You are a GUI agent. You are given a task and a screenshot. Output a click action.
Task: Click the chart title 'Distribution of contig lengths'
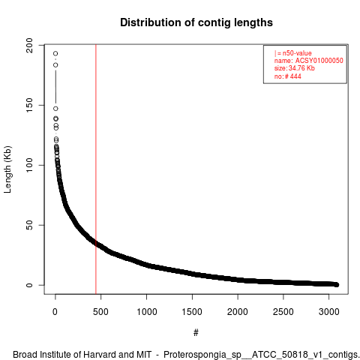click(196, 22)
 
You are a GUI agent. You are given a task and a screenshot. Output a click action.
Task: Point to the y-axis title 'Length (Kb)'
click(7, 169)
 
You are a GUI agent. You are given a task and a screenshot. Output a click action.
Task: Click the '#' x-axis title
click(196, 333)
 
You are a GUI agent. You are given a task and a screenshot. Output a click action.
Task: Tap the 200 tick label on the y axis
click(29, 45)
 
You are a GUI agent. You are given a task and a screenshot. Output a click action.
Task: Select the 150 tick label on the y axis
click(29, 105)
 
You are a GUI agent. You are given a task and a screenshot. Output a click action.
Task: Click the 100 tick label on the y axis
click(29, 165)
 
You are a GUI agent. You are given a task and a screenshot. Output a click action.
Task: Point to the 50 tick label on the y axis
click(29, 225)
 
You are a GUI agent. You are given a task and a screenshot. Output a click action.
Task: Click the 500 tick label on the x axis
click(100, 312)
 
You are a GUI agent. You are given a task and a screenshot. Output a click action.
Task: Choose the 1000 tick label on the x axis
click(147, 312)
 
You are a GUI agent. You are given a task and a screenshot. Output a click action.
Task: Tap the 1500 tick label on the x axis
click(192, 312)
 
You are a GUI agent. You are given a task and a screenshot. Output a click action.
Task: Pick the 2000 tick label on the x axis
click(238, 312)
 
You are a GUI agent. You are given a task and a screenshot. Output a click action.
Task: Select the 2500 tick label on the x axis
click(283, 312)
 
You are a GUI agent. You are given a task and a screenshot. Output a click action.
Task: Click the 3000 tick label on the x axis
click(329, 312)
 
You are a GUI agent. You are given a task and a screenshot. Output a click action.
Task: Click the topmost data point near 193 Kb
click(55, 53)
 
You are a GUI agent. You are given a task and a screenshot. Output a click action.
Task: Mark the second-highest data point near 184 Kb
click(55, 65)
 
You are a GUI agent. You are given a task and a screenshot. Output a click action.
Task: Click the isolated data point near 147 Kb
click(55, 109)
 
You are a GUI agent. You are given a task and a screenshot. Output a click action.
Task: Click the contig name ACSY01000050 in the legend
click(319, 61)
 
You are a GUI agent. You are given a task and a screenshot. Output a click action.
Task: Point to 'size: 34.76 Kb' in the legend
click(295, 68)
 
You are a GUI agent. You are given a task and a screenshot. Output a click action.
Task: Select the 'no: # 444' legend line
click(288, 76)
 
